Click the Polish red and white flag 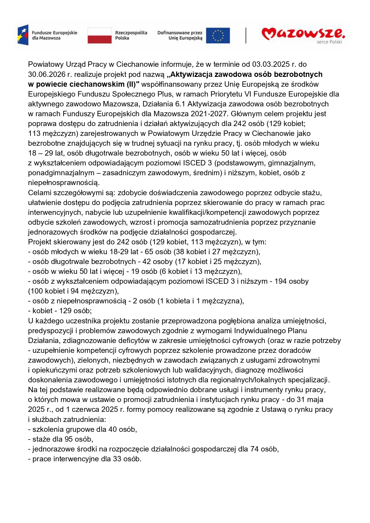point(99,35)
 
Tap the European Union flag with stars point(218,35)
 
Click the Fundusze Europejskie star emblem point(23,35)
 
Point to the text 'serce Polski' point(329,42)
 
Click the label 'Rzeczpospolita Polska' point(131,35)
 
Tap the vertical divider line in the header point(246,35)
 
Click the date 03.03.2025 point(271,64)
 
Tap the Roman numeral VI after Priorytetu point(247,94)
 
